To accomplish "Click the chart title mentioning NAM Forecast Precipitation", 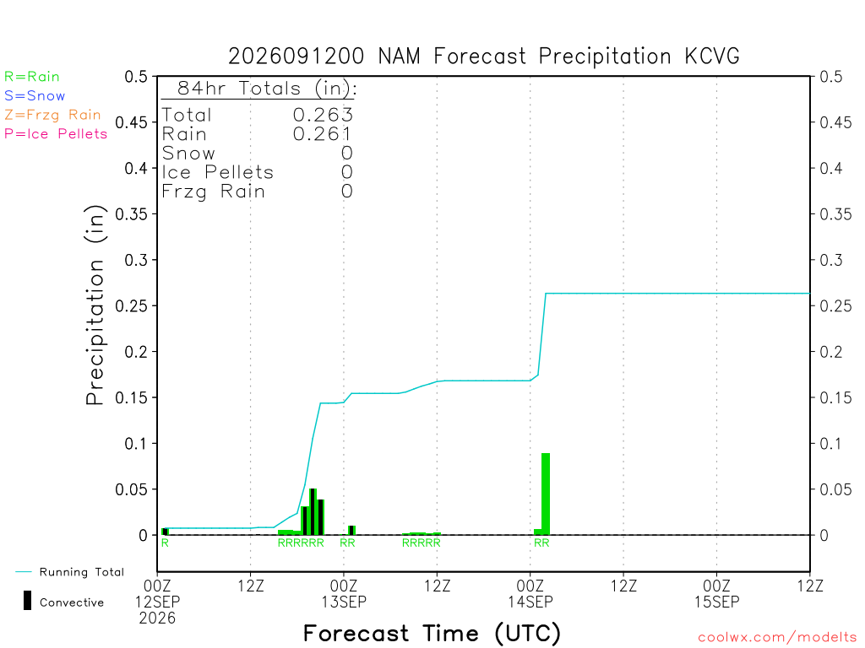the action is [x=484, y=57].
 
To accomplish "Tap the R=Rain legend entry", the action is [x=32, y=77].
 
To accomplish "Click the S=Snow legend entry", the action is [x=35, y=96].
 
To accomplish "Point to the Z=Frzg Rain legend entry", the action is [x=53, y=115].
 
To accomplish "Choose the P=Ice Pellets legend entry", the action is [x=56, y=134].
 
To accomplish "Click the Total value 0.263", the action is [x=323, y=115].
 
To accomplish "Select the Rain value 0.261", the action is [x=322, y=134].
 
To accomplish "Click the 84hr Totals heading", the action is [x=267, y=88].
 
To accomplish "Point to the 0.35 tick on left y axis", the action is [x=131, y=213].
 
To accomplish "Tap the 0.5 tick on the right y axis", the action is [x=831, y=76].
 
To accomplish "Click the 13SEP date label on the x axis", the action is [x=344, y=602].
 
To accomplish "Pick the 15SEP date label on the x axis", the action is [x=716, y=602].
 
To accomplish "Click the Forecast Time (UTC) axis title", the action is [x=432, y=634].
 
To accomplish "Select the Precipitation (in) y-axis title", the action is [x=95, y=305].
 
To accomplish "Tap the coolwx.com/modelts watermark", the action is [x=777, y=638].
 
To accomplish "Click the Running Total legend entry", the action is [x=69, y=572].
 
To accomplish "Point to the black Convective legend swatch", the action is [x=27, y=601].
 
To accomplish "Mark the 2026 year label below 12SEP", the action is [x=157, y=618].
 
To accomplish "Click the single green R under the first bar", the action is [x=165, y=543].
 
